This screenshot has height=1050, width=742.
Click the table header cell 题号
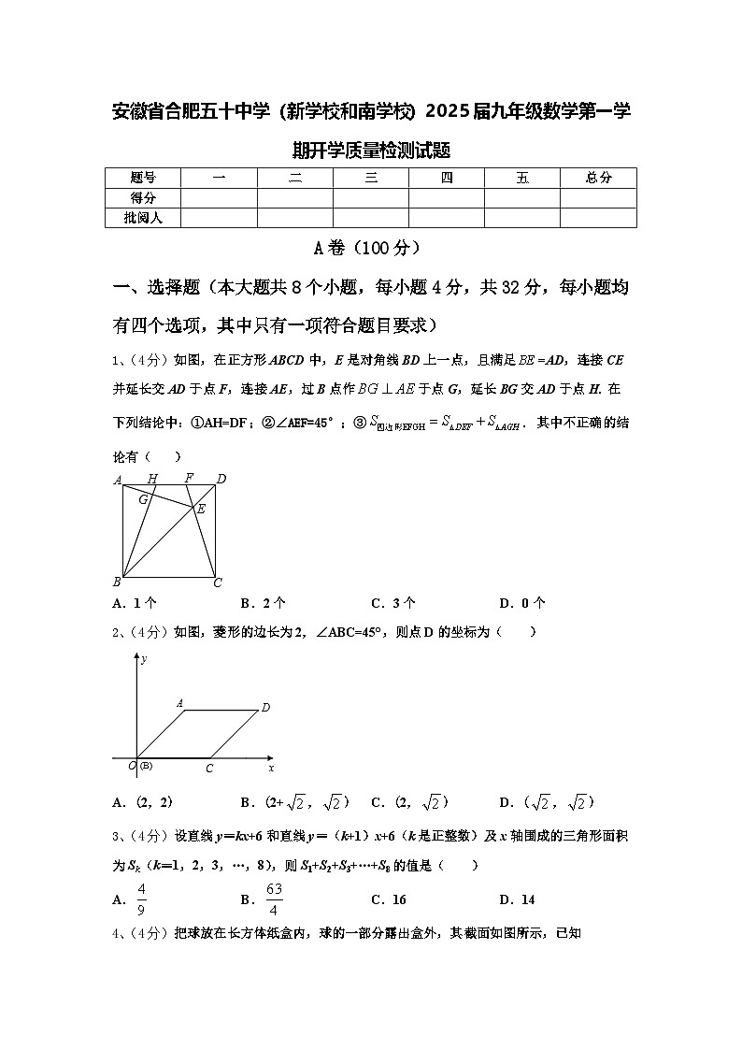coord(143,178)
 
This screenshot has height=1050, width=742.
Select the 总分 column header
coord(598,178)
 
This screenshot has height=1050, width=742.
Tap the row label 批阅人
coord(143,218)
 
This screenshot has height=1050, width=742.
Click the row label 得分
coord(143,197)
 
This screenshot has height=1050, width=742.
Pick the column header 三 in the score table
coord(371,178)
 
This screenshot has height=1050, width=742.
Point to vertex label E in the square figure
coord(200,509)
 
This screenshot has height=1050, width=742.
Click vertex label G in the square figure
coord(143,499)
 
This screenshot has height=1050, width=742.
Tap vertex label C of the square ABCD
coord(218,583)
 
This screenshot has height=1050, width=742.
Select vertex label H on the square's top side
coord(152,479)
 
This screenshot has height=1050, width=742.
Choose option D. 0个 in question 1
coord(522,603)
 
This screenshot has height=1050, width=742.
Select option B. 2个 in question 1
coord(264,603)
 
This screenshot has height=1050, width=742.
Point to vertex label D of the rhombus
coord(265,708)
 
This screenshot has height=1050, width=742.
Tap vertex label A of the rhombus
coord(179,702)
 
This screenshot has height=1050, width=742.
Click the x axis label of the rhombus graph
coord(271,768)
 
